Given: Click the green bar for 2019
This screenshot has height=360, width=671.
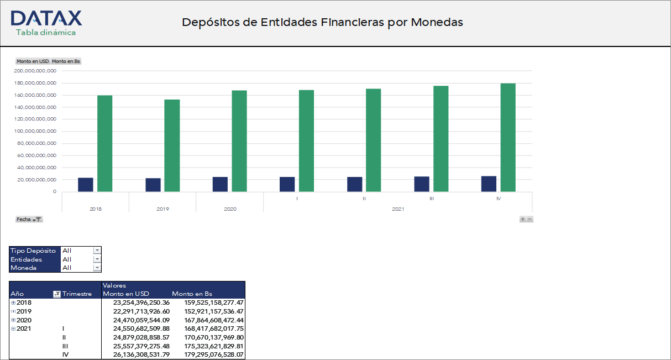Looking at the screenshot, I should tap(172, 145).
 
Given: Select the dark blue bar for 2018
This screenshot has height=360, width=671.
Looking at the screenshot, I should tap(86, 185).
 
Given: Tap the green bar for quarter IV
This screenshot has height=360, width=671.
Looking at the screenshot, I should tap(508, 138).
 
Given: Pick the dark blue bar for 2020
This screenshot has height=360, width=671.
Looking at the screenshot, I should tap(220, 184).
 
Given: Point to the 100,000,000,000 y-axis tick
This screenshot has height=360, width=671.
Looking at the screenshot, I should tap(37, 131).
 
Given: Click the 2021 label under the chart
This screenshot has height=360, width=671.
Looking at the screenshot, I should tap(398, 209).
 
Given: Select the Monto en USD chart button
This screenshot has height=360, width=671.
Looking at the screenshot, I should tap(33, 61).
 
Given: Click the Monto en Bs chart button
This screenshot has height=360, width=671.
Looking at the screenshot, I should tap(66, 61).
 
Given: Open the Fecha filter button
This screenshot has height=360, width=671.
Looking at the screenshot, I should tap(29, 220).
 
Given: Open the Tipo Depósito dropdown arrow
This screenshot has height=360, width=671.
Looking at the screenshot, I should tap(97, 251).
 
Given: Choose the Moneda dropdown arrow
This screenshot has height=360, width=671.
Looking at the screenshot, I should tap(97, 268).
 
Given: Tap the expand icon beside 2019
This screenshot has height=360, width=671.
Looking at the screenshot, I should tap(13, 311).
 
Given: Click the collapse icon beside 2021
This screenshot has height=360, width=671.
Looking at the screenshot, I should tap(13, 328).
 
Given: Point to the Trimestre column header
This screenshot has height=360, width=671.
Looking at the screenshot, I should tap(77, 294).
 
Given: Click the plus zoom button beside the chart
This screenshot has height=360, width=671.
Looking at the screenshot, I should tap(522, 220).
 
